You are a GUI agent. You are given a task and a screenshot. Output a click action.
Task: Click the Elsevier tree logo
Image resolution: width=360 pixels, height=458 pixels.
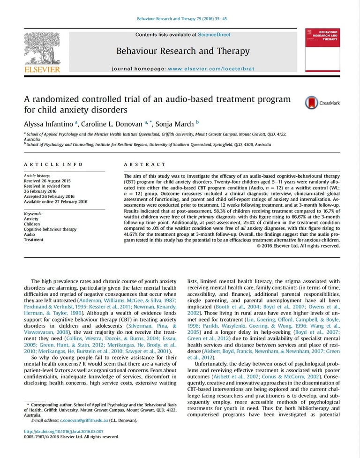[x=42, y=47]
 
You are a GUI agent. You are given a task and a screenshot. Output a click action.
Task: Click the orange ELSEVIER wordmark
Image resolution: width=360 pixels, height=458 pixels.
[x=42, y=69]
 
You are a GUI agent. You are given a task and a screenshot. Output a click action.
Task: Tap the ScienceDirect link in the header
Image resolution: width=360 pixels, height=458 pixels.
[x=214, y=35]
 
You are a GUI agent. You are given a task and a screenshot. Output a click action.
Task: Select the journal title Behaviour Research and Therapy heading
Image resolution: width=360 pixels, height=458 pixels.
[x=183, y=51]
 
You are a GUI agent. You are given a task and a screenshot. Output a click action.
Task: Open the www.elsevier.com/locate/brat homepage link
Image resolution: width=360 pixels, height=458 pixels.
[x=211, y=68]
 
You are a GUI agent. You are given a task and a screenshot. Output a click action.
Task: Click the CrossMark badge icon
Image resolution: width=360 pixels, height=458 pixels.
[x=312, y=103]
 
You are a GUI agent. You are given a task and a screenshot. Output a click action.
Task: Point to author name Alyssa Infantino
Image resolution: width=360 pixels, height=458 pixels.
[x=49, y=124]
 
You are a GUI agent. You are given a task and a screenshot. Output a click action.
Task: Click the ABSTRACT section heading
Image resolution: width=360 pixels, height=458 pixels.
[x=145, y=165]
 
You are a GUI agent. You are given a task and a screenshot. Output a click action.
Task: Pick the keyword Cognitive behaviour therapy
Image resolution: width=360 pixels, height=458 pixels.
[x=50, y=229]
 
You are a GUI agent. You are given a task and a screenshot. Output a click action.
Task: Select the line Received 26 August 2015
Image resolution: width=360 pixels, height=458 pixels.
[x=47, y=180]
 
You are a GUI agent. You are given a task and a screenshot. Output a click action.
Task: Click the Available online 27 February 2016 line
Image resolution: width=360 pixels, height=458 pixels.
[x=55, y=202]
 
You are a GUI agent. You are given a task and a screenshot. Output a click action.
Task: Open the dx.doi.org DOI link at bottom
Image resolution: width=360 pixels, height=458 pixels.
[x=63, y=431]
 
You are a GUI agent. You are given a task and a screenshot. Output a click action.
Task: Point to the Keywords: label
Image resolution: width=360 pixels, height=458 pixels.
[x=34, y=214]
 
